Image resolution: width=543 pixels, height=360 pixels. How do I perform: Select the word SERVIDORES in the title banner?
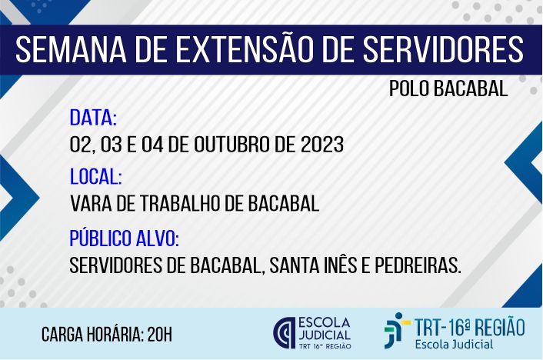click(x=443, y=49)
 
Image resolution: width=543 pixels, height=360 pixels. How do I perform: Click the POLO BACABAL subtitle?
click(x=448, y=88)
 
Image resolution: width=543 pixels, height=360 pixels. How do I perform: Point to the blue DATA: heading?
click(x=93, y=118)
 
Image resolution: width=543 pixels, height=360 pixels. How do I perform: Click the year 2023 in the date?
click(x=322, y=144)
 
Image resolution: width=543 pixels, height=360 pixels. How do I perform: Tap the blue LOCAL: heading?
click(x=96, y=176)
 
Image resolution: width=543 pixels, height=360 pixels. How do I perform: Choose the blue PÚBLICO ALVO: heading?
click(x=125, y=238)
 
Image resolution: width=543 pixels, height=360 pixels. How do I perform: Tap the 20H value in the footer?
click(x=159, y=335)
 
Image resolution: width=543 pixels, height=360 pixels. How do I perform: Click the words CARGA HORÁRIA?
click(x=92, y=334)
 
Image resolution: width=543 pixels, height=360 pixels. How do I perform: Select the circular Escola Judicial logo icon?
click(x=285, y=332)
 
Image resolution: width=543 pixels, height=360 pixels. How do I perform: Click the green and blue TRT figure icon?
click(x=397, y=330)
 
